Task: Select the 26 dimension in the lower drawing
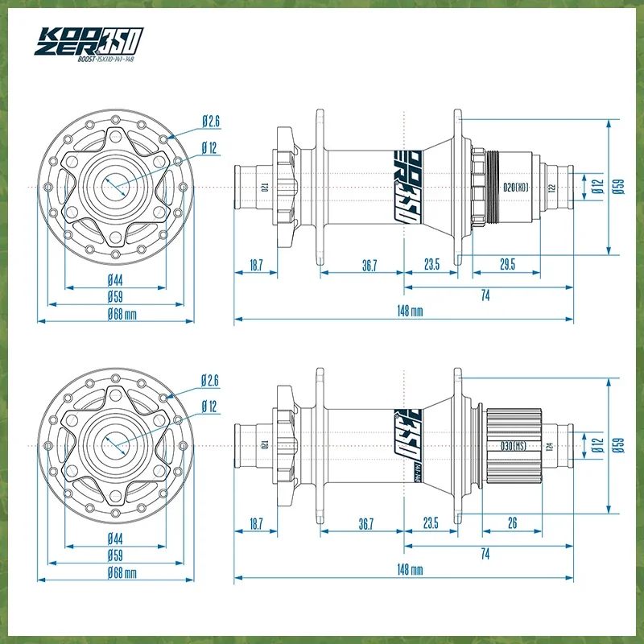(513, 523)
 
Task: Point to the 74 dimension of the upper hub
(485, 295)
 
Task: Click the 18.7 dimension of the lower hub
(256, 523)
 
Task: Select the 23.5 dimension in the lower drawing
(431, 523)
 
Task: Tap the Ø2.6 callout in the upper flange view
(210, 122)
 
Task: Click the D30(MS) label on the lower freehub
(513, 444)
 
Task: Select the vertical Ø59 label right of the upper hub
(618, 186)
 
